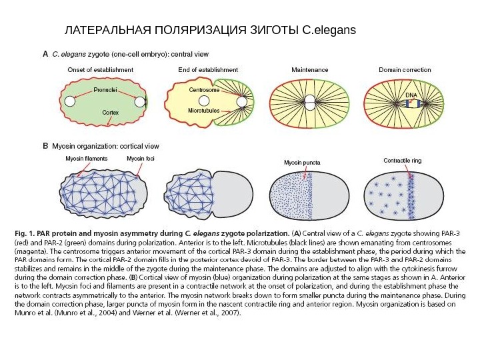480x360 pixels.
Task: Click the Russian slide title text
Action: [210, 31]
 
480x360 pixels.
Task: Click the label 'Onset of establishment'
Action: [100, 69]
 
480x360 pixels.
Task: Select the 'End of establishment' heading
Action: [208, 69]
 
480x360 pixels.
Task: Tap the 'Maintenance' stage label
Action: [310, 69]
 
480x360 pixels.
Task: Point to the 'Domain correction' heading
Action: [405, 69]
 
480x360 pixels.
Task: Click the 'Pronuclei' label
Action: [105, 88]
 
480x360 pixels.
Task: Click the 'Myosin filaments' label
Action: [86, 159]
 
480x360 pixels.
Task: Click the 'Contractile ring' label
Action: [403, 161]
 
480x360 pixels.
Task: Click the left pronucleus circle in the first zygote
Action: [70, 101]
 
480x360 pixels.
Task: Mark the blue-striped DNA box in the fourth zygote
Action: [411, 103]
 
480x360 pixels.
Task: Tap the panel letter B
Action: [45, 145]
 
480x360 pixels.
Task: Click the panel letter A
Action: [45, 55]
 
